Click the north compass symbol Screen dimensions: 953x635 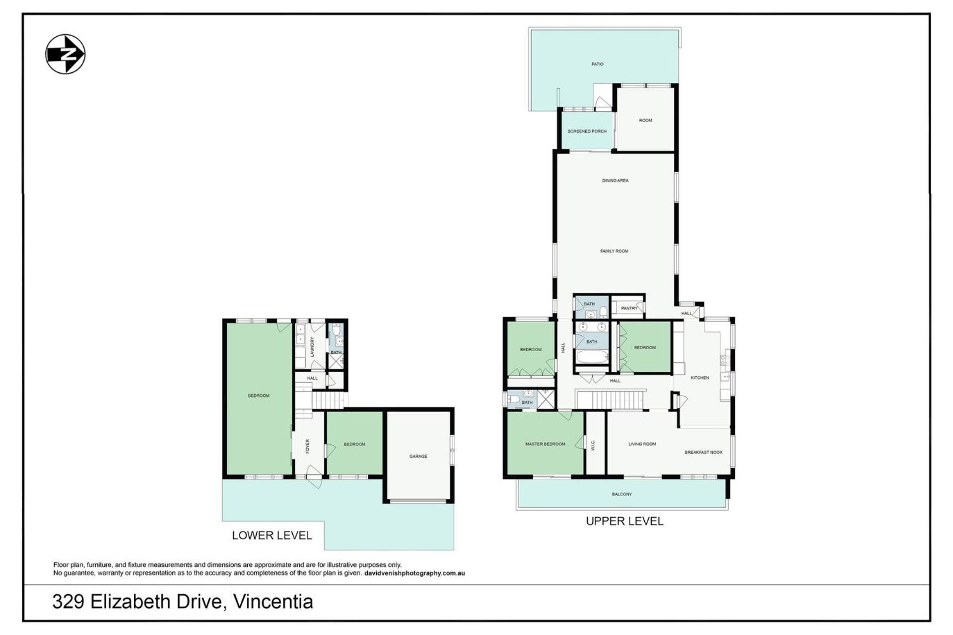point(66,54)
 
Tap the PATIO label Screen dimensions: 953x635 point(597,64)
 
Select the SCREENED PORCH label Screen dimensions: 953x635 point(587,131)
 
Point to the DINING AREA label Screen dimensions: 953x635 point(615,181)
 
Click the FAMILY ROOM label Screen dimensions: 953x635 point(614,251)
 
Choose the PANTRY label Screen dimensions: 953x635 point(629,308)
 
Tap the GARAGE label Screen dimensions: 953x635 point(418,456)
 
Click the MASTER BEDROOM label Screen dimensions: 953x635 point(545,444)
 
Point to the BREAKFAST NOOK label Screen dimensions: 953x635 point(703,452)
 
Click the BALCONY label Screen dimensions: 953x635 point(621,494)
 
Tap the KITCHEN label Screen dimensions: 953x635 point(700,378)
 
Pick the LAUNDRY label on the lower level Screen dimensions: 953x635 point(312,347)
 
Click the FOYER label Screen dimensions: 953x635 point(308,446)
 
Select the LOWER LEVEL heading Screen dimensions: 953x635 point(272,536)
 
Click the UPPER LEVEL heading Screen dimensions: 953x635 point(624,521)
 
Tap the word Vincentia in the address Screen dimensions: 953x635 point(273,602)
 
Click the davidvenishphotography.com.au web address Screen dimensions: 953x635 point(414,573)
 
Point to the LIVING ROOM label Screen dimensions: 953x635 point(642,444)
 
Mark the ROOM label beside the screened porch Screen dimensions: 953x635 point(645,121)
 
